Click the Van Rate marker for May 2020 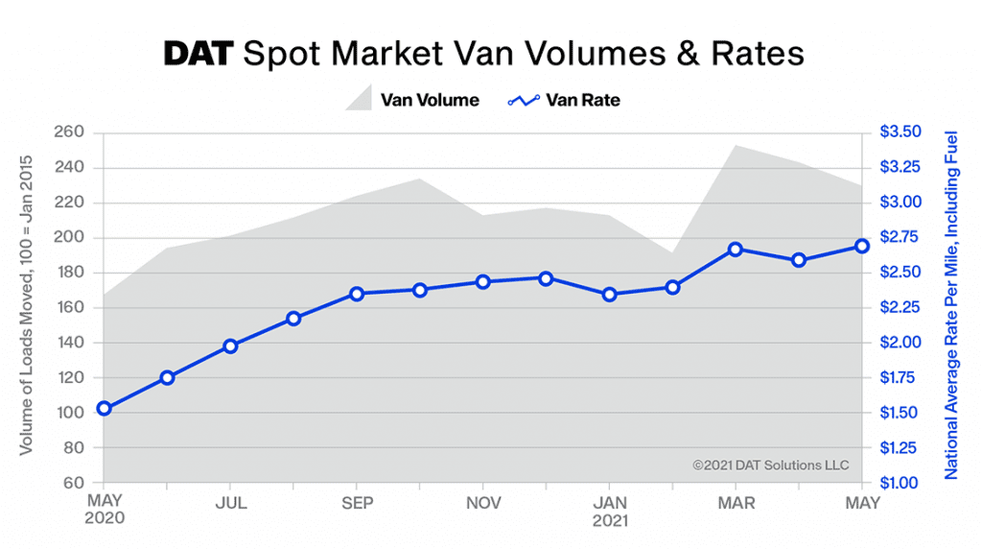104,409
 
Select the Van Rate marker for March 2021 736,250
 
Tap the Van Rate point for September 357,294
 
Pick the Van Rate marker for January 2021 610,295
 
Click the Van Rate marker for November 483,282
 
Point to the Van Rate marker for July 230,346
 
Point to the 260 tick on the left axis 72,132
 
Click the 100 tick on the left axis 72,413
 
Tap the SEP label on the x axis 357,503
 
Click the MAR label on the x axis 736,503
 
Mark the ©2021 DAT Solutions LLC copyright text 771,465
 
